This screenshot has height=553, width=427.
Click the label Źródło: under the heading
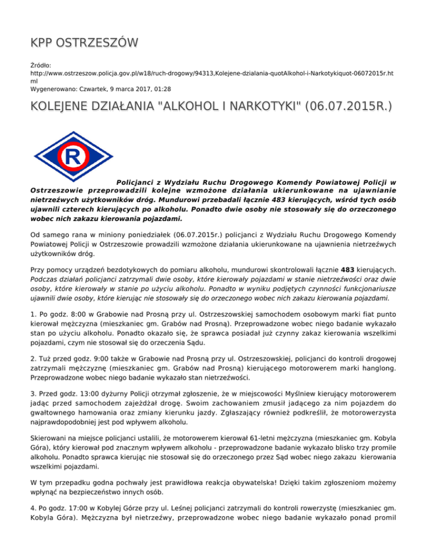click(x=42, y=65)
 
